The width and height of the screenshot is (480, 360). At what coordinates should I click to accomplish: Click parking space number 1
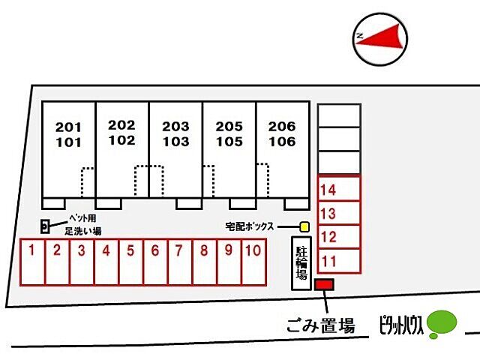(x=31, y=262)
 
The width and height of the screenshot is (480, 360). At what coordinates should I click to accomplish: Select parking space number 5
(x=130, y=262)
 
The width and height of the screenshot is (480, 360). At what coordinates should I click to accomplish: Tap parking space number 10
(x=253, y=262)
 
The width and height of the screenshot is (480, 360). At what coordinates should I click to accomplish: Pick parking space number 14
(x=340, y=188)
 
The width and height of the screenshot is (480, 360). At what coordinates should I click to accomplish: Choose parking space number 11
(x=340, y=259)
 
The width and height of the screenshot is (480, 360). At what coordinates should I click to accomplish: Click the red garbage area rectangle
(x=324, y=285)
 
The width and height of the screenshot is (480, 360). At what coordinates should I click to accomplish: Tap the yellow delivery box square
(x=304, y=226)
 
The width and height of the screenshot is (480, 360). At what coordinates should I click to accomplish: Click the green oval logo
(x=442, y=323)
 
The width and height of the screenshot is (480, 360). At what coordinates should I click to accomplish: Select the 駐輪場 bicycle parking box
(x=301, y=263)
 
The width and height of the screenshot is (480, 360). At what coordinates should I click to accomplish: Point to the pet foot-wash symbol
(x=45, y=226)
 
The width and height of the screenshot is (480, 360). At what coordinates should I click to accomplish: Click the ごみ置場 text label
(x=321, y=325)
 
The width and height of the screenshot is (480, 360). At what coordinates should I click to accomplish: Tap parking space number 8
(x=204, y=262)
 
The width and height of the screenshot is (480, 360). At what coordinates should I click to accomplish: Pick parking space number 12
(x=340, y=236)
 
